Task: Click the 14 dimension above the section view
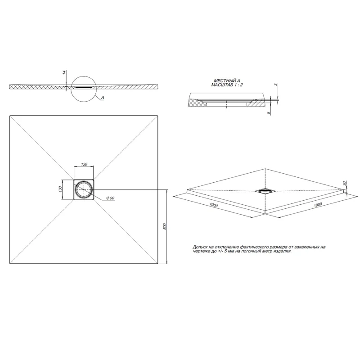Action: click(x=64, y=72)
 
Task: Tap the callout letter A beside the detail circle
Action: click(x=103, y=98)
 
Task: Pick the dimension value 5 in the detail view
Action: click(x=269, y=113)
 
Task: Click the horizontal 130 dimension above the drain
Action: click(x=84, y=165)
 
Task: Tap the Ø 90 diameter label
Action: click(x=110, y=198)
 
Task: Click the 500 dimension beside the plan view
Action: click(x=165, y=226)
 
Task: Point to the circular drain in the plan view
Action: click(x=84, y=189)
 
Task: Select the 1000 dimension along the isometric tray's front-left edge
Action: click(x=213, y=205)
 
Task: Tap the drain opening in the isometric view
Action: click(x=265, y=190)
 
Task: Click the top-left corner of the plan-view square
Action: click(x=10, y=116)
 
